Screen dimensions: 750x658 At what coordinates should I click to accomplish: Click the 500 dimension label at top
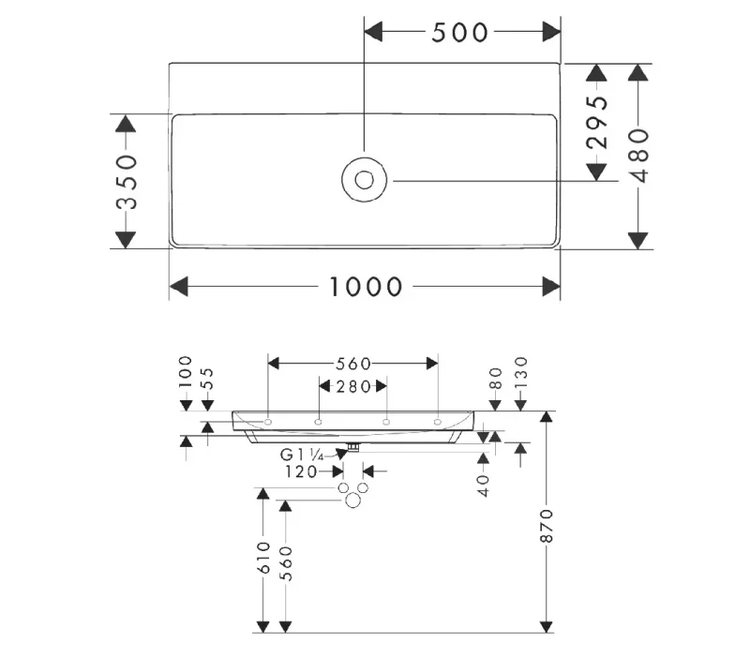click(459, 33)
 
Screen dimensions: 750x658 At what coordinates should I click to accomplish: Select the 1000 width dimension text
click(366, 287)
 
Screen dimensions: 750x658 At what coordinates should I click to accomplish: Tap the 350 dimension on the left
click(127, 182)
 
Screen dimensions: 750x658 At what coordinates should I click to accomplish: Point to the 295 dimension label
click(597, 122)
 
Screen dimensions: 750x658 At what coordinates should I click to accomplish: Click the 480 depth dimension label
click(638, 156)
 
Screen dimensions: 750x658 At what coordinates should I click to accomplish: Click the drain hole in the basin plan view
click(365, 180)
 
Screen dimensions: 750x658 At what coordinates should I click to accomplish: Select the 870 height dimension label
click(547, 526)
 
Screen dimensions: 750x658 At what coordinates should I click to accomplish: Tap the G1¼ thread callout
click(302, 455)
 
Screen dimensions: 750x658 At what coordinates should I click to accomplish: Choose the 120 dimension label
click(301, 472)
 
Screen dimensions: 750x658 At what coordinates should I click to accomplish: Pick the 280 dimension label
click(353, 386)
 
